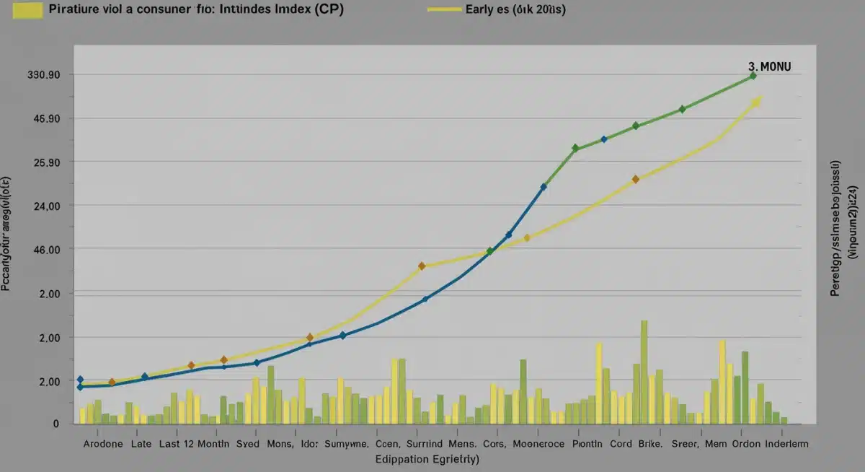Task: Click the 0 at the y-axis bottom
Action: click(x=54, y=424)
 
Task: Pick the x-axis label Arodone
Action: click(x=103, y=445)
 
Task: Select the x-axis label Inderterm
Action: click(x=787, y=445)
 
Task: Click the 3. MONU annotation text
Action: click(x=770, y=66)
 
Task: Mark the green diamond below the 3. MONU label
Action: click(x=753, y=76)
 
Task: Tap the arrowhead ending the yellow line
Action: click(x=756, y=102)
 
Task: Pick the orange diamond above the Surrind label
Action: click(x=422, y=266)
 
